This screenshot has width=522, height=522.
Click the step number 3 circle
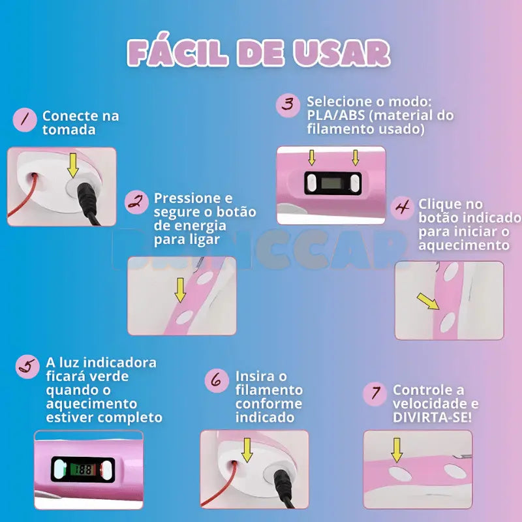[x=288, y=104]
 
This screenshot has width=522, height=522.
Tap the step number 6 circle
[x=216, y=380]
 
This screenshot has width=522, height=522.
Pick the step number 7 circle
[x=375, y=393]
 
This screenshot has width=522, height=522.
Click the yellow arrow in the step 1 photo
[x=72, y=166]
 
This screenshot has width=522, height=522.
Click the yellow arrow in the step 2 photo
[x=180, y=289]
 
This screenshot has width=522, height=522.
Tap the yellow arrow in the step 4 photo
[x=428, y=301]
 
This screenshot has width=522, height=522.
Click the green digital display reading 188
[x=82, y=468]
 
